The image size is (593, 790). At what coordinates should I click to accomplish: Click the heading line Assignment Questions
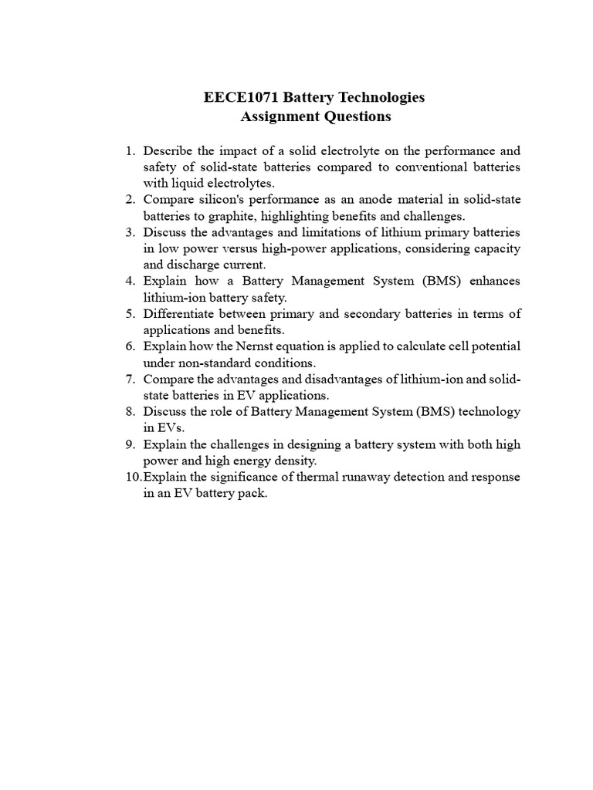pos(316,117)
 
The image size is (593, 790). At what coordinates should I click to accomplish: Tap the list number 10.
pos(132,478)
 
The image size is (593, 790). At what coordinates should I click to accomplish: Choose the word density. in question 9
pos(294,461)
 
